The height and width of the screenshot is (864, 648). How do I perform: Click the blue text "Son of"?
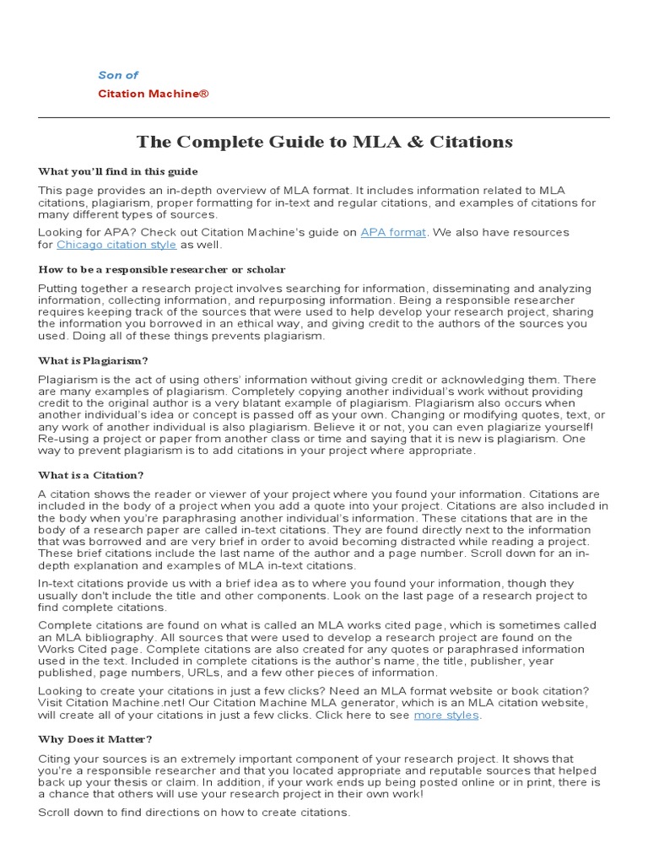(x=118, y=75)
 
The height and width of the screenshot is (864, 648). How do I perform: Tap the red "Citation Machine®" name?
(x=153, y=94)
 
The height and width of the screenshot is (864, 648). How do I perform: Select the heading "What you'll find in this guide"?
(x=117, y=171)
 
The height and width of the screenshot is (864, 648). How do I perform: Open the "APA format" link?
(x=393, y=232)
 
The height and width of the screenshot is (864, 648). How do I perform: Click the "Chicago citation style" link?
(x=116, y=245)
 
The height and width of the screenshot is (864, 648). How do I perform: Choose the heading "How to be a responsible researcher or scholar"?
(x=161, y=270)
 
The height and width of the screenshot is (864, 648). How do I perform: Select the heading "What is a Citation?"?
(x=90, y=475)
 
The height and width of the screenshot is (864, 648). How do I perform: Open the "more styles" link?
(x=446, y=715)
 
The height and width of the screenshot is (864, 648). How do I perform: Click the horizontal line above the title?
(x=324, y=117)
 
